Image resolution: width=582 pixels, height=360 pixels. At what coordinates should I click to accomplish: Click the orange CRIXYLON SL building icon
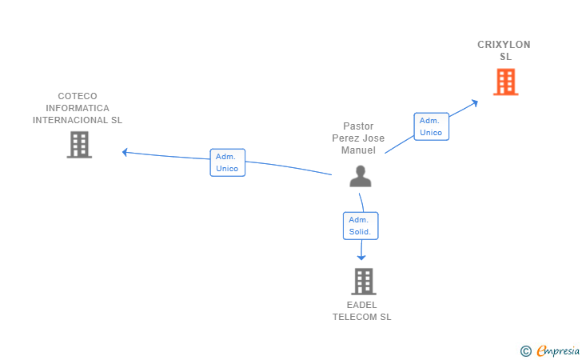tap(505, 82)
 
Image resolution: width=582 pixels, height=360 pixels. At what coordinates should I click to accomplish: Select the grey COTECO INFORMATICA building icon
tap(79, 145)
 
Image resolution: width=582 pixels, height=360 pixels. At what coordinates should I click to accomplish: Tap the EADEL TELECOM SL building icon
tap(363, 282)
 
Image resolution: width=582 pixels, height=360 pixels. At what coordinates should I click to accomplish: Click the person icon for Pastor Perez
tap(361, 176)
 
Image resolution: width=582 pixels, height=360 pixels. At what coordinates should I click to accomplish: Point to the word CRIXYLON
tap(504, 45)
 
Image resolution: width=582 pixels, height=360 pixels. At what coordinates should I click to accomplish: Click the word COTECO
tap(78, 96)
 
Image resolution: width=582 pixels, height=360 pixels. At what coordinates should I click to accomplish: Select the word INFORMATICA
tap(78, 108)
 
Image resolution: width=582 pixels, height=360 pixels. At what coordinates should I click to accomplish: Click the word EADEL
tap(362, 305)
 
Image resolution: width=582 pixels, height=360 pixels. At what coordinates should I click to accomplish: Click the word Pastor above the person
tap(358, 126)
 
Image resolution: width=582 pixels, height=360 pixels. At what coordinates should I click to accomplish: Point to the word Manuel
tap(358, 150)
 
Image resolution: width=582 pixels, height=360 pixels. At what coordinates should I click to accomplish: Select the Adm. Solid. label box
tap(361, 226)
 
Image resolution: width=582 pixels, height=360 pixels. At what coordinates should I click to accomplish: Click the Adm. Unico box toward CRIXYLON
tap(431, 126)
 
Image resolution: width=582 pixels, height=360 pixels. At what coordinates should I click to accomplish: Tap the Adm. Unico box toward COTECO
tap(227, 162)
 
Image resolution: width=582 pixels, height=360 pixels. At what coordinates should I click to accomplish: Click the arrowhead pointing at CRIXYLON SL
tap(475, 102)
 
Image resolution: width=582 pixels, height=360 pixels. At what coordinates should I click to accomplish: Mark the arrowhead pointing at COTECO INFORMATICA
tap(125, 151)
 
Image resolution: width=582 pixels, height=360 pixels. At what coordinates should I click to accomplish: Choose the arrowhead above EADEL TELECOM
tap(361, 257)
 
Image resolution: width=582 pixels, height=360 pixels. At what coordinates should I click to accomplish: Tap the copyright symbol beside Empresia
tap(526, 350)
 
